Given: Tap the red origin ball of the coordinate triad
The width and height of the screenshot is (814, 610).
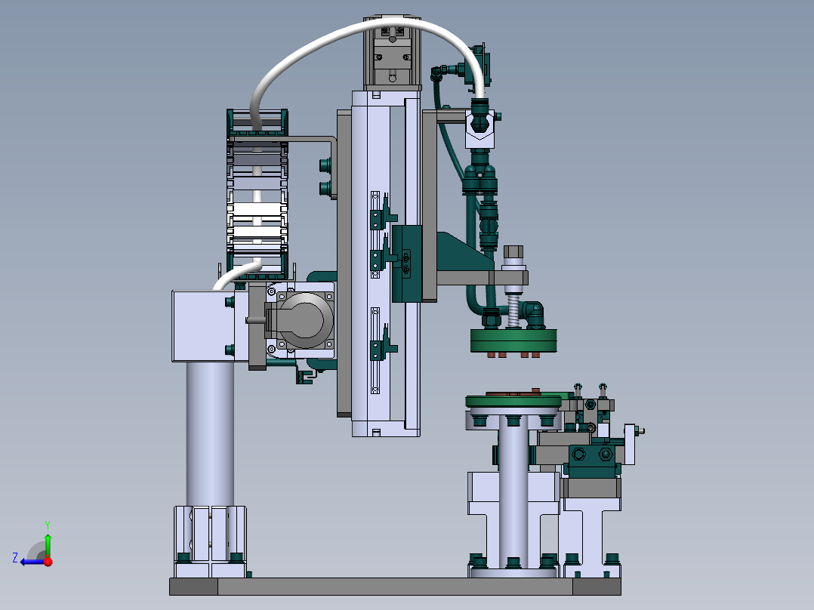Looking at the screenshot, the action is click(x=48, y=562).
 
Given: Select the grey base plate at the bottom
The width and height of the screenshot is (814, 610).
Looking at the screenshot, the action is click(x=395, y=587).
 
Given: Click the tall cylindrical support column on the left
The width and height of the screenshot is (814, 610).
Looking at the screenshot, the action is click(x=210, y=433).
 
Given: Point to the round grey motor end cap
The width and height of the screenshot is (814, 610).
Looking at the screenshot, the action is click(x=305, y=319).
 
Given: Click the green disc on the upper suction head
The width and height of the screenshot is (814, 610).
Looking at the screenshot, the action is click(x=513, y=340).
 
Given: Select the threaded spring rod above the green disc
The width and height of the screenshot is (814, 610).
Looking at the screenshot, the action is click(x=513, y=307).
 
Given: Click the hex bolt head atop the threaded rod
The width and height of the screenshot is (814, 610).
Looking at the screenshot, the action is click(x=513, y=252).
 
